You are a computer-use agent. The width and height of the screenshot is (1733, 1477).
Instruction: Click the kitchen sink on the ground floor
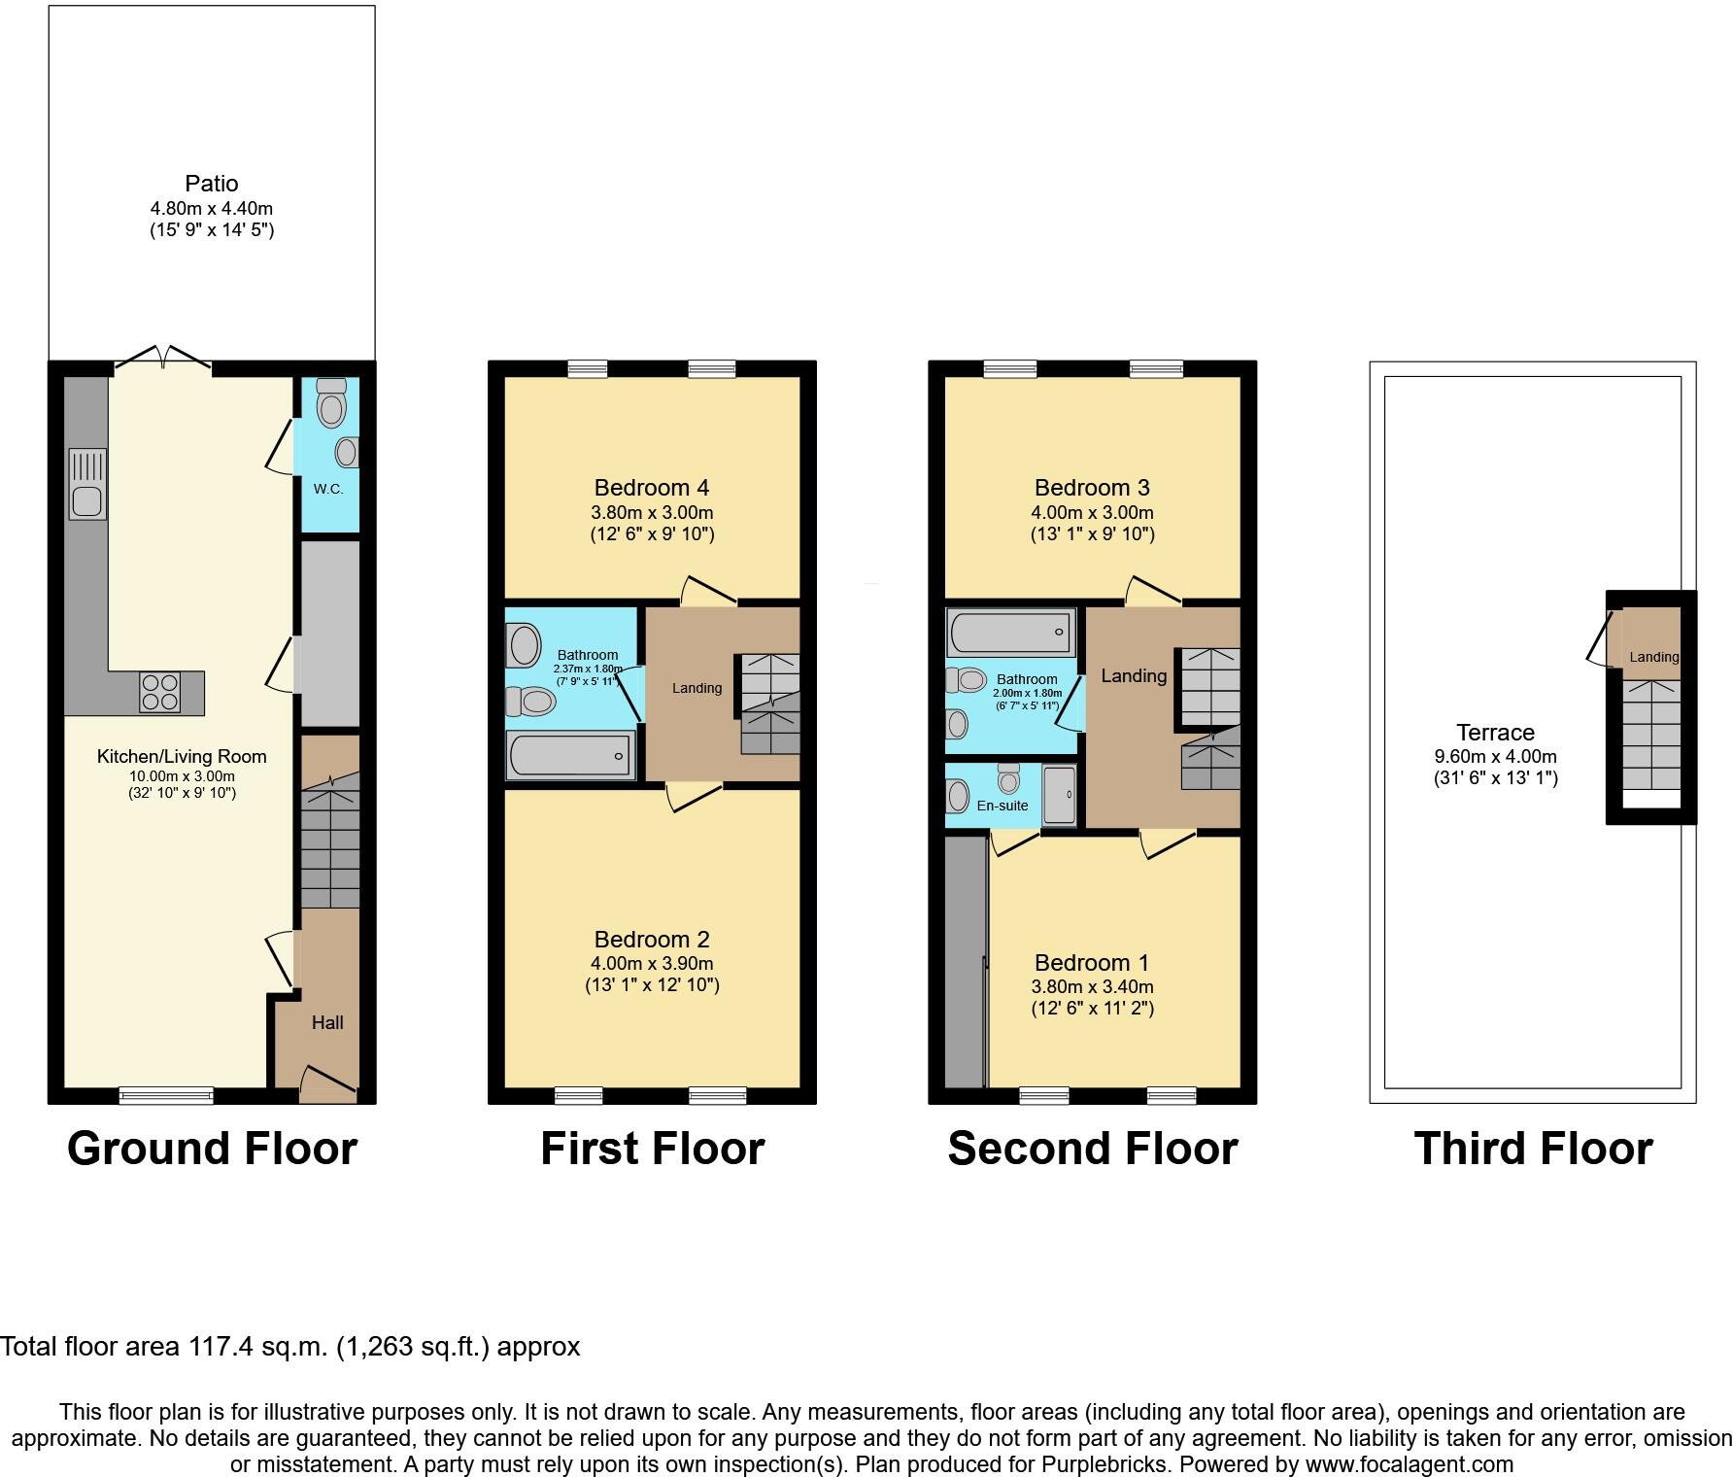(87, 484)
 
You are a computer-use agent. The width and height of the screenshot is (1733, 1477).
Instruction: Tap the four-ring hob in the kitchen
(159, 692)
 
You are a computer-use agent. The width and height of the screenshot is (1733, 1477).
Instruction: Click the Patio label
(212, 183)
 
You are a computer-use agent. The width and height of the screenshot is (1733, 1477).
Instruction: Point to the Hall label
(327, 1022)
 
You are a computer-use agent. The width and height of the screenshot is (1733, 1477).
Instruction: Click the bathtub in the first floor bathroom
(570, 755)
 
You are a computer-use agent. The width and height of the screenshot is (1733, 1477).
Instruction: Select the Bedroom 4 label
(652, 487)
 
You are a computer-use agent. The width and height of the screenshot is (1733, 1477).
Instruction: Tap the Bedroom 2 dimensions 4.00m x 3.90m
(652, 963)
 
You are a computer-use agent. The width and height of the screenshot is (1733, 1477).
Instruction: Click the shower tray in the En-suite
(1059, 795)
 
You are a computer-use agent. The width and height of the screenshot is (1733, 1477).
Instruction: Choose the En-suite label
(1002, 806)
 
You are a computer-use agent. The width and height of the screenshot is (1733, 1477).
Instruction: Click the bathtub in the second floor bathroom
(1011, 633)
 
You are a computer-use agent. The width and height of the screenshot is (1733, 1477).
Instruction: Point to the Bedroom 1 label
(1092, 962)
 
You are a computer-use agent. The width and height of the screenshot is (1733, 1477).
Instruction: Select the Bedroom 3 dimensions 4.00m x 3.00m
(1092, 512)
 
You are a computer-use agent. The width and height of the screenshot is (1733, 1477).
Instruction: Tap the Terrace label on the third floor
(1495, 733)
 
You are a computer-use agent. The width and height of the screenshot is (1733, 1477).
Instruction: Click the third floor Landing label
(1653, 657)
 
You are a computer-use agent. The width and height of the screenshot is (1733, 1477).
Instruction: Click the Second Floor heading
(1092, 1148)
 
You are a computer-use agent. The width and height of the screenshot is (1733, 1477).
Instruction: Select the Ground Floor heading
(212, 1148)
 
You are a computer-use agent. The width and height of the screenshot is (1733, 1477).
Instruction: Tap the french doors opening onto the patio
(163, 359)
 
